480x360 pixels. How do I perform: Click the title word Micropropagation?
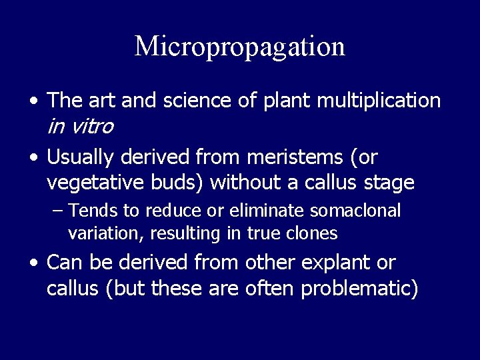(x=240, y=47)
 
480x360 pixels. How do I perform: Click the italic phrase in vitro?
(x=80, y=125)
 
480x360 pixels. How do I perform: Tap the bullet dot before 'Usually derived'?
(x=33, y=159)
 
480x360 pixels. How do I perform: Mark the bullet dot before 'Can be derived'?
(x=33, y=264)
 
